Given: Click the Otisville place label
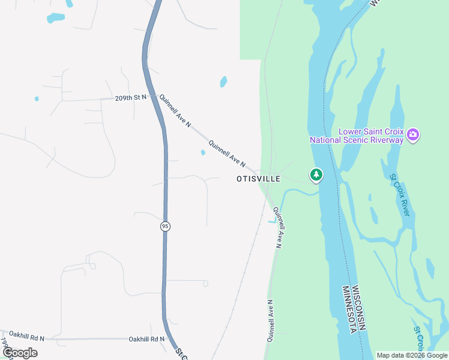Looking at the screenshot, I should click(x=258, y=179).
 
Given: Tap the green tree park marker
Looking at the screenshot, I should click(x=316, y=175).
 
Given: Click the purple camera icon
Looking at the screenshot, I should click(x=412, y=135).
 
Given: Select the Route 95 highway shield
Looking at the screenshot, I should click(x=165, y=226).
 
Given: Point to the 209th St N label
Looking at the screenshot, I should click(x=131, y=97).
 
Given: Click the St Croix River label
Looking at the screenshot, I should click(x=399, y=194).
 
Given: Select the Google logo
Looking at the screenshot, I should click(x=19, y=353).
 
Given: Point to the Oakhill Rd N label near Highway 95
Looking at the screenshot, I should click(x=146, y=339).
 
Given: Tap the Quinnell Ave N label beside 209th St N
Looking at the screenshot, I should click(x=175, y=110).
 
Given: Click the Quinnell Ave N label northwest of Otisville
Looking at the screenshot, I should click(x=227, y=152).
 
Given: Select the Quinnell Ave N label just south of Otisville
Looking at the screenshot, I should click(x=277, y=227).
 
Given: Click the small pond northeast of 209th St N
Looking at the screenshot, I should click(x=223, y=81).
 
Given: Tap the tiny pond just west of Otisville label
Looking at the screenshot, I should click(x=203, y=152).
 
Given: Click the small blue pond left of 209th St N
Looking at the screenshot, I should click(x=37, y=98).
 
